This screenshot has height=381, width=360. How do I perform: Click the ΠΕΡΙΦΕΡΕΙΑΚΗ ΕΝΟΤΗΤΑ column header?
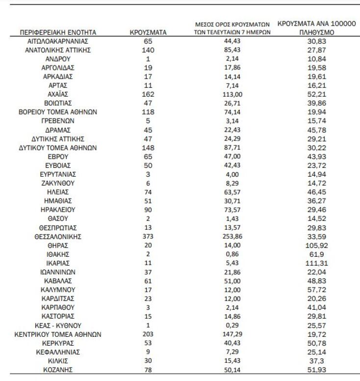pyautogui.click(x=58, y=32)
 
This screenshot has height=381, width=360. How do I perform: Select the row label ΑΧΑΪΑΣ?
pyautogui.click(x=58, y=94)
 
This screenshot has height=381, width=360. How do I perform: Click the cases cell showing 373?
pyautogui.click(x=148, y=236)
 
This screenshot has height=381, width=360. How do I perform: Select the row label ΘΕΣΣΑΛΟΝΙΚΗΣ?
pyautogui.click(x=58, y=236)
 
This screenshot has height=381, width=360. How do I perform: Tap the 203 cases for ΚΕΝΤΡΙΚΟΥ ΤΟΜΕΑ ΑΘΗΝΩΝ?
pyautogui.click(x=148, y=334)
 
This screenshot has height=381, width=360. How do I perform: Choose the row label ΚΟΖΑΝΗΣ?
pyautogui.click(x=58, y=369)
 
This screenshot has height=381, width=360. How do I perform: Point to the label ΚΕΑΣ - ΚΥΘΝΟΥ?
pyautogui.click(x=58, y=325)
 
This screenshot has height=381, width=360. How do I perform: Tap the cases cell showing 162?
pyautogui.click(x=148, y=94)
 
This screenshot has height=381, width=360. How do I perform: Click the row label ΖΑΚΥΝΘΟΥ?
pyautogui.click(x=58, y=183)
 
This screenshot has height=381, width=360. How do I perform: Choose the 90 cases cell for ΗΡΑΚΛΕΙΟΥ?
pyautogui.click(x=148, y=210)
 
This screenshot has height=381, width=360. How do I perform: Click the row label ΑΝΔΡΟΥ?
pyautogui.click(x=58, y=59)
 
